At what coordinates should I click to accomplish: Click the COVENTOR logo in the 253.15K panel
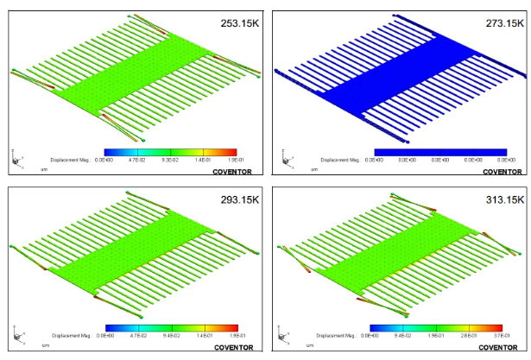[232, 172]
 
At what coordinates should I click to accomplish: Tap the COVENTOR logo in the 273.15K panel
[502, 172]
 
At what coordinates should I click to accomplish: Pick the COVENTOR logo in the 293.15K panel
[232, 348]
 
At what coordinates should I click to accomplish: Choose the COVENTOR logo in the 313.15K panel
[502, 348]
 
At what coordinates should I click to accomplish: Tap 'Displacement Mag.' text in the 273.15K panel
[342, 160]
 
